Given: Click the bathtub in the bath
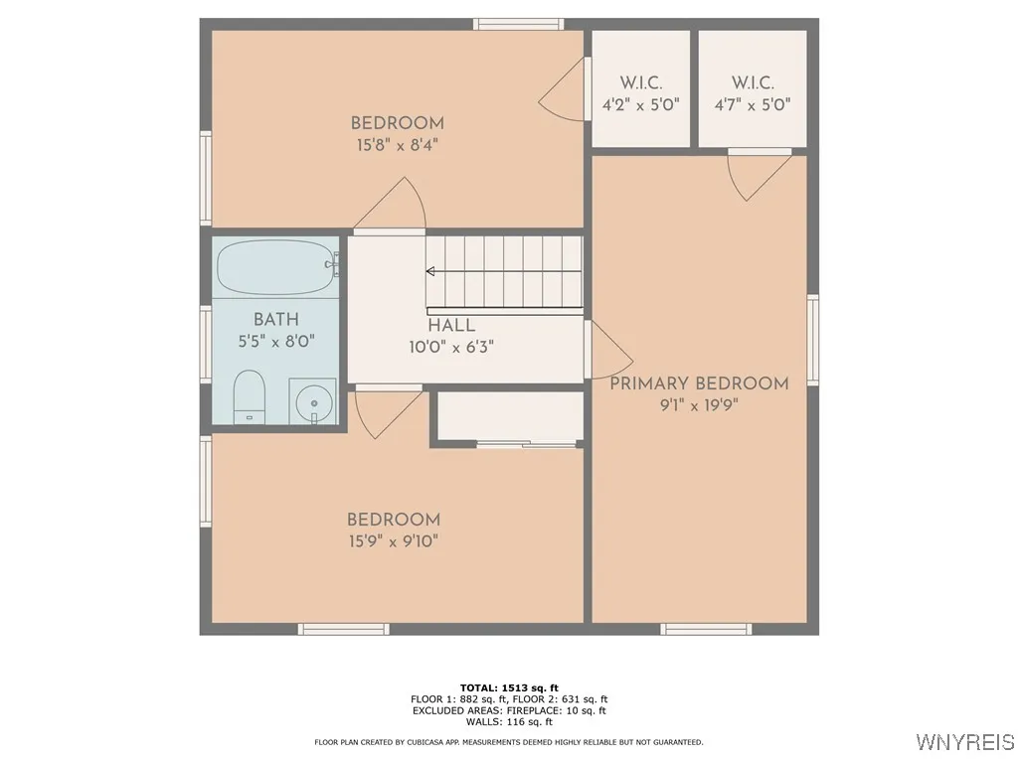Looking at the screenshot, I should pos(276,267).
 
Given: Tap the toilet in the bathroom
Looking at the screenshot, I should pos(250,395).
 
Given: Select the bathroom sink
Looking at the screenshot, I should pos(313,401).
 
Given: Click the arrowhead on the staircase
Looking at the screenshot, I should pos(430,270).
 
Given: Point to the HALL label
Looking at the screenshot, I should pos(451,326).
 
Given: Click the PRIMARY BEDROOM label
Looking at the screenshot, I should pos(699,383).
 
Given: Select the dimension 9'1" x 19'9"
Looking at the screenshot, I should pos(699,405).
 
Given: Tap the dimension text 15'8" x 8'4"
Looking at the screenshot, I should pos(397,145).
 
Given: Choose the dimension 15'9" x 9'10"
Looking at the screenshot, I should pos(393,541).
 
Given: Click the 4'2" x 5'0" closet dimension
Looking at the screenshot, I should pos(640,104).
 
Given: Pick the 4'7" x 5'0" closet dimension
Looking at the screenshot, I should pos(753,104).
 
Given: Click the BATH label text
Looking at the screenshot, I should pos(275,320).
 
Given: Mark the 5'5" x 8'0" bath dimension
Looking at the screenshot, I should pos(275,342).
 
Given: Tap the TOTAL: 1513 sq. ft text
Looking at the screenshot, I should pos(509,687).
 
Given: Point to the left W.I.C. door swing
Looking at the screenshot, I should pos(562,94).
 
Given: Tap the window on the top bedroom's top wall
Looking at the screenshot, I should pos(518,24).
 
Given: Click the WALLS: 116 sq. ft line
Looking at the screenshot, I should pos(509,722).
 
